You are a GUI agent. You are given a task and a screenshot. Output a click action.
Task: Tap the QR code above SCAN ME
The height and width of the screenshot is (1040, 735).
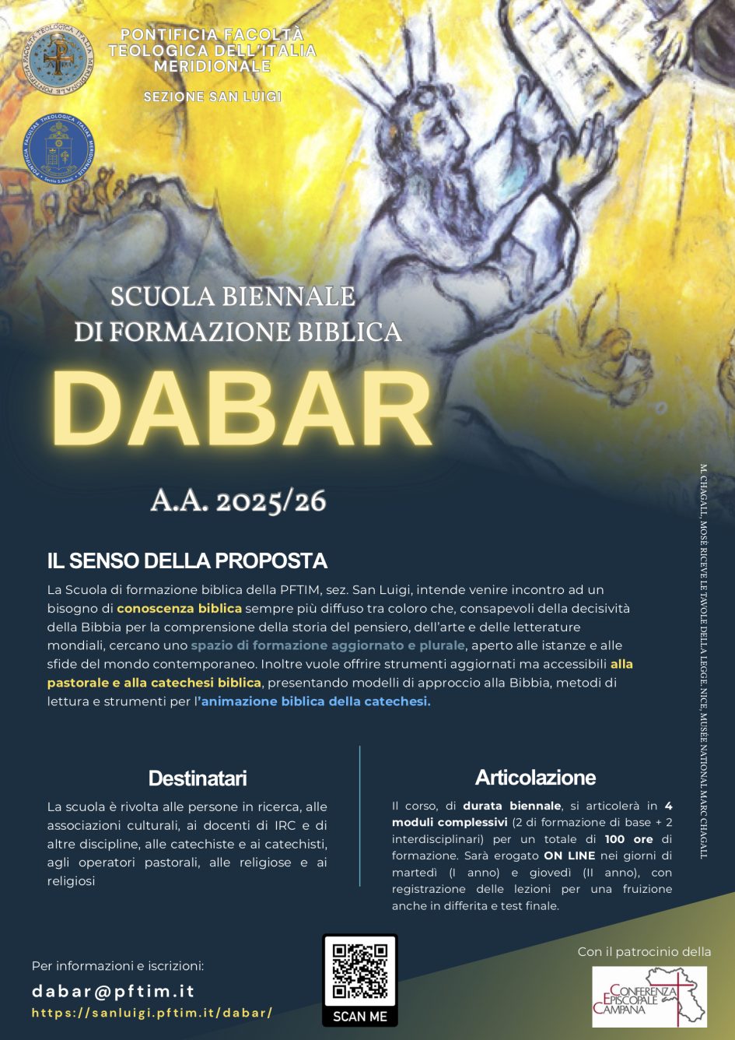[x=359, y=971]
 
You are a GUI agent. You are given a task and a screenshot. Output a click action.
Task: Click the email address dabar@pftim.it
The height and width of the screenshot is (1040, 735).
[x=113, y=991]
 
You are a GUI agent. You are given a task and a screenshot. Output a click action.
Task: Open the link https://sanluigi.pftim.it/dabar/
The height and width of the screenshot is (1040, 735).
[x=152, y=1013]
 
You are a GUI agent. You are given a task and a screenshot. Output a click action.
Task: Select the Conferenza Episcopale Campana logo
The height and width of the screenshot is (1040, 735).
[x=649, y=996]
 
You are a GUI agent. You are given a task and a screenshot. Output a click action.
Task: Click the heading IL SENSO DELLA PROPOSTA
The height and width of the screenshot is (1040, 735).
[x=187, y=560]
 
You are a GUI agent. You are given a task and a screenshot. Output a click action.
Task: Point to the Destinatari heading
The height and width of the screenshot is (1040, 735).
[x=198, y=778]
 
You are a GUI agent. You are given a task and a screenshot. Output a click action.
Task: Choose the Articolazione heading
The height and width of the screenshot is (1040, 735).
[x=535, y=777]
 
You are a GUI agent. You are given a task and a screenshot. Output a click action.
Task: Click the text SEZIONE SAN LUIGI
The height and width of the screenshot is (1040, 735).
[x=212, y=97]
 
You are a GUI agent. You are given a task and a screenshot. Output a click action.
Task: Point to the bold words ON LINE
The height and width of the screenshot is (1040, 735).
[x=569, y=856]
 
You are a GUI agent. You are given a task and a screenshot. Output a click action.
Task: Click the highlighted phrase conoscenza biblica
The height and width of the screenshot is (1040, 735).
[x=179, y=608]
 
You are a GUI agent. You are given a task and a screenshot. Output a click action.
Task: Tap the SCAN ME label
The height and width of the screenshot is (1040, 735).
[x=359, y=1016]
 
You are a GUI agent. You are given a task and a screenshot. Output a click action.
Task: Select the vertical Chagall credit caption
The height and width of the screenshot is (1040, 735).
[x=703, y=662]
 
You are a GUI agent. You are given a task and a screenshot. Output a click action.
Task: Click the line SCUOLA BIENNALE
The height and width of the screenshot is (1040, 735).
[x=233, y=297]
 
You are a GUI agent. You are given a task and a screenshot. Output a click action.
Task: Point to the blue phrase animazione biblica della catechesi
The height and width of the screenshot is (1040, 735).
[x=315, y=701]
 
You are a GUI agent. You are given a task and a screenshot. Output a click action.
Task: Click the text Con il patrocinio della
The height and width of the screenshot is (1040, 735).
[x=644, y=951]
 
